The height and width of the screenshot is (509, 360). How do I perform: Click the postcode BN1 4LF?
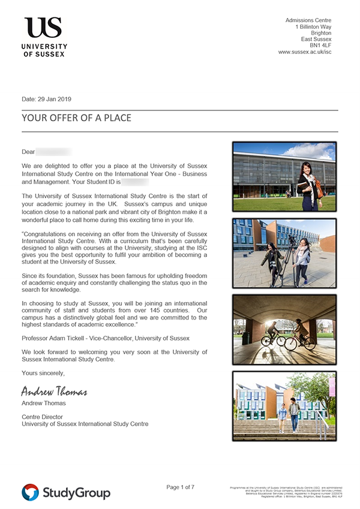coord(320,46)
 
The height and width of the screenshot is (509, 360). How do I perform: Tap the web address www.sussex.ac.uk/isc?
coord(305,53)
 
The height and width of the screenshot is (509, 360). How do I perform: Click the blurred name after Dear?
coord(54,152)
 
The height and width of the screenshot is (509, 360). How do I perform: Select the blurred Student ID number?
coord(135,181)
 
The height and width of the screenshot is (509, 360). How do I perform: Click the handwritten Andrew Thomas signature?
coord(54,392)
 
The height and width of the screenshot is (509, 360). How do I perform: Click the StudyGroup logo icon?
coord(30,492)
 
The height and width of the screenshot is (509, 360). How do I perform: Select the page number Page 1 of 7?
coord(180,487)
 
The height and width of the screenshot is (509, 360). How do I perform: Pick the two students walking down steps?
coord(288,415)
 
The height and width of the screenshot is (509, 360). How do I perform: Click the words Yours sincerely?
coord(43,374)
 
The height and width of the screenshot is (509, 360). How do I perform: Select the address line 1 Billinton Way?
coord(313,28)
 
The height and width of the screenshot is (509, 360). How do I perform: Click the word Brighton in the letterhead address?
coord(319,34)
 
